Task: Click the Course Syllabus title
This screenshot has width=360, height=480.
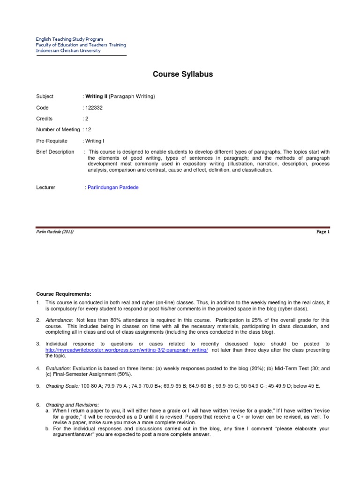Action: click(183, 74)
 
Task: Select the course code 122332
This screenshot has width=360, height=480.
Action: click(94, 108)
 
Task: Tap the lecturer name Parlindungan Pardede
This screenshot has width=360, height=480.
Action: click(113, 187)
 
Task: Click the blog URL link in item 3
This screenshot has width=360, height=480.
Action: click(127, 350)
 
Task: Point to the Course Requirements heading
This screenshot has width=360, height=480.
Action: click(63, 294)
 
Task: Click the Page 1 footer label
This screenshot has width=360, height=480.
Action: click(323, 232)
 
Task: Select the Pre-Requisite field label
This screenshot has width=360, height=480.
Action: click(52, 141)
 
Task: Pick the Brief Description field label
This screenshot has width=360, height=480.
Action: click(55, 152)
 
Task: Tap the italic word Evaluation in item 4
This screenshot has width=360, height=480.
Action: click(58, 369)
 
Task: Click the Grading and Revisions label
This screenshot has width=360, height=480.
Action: click(72, 405)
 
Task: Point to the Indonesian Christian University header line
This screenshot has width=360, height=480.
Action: click(68, 51)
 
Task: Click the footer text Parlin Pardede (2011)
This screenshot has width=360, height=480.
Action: click(55, 232)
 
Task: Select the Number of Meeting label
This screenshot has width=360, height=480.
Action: click(58, 130)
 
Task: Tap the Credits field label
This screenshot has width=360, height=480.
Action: click(45, 119)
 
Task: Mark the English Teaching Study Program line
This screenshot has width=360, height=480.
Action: click(69, 39)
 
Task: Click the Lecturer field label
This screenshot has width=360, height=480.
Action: click(45, 187)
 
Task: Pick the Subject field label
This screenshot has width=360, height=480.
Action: click(45, 97)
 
